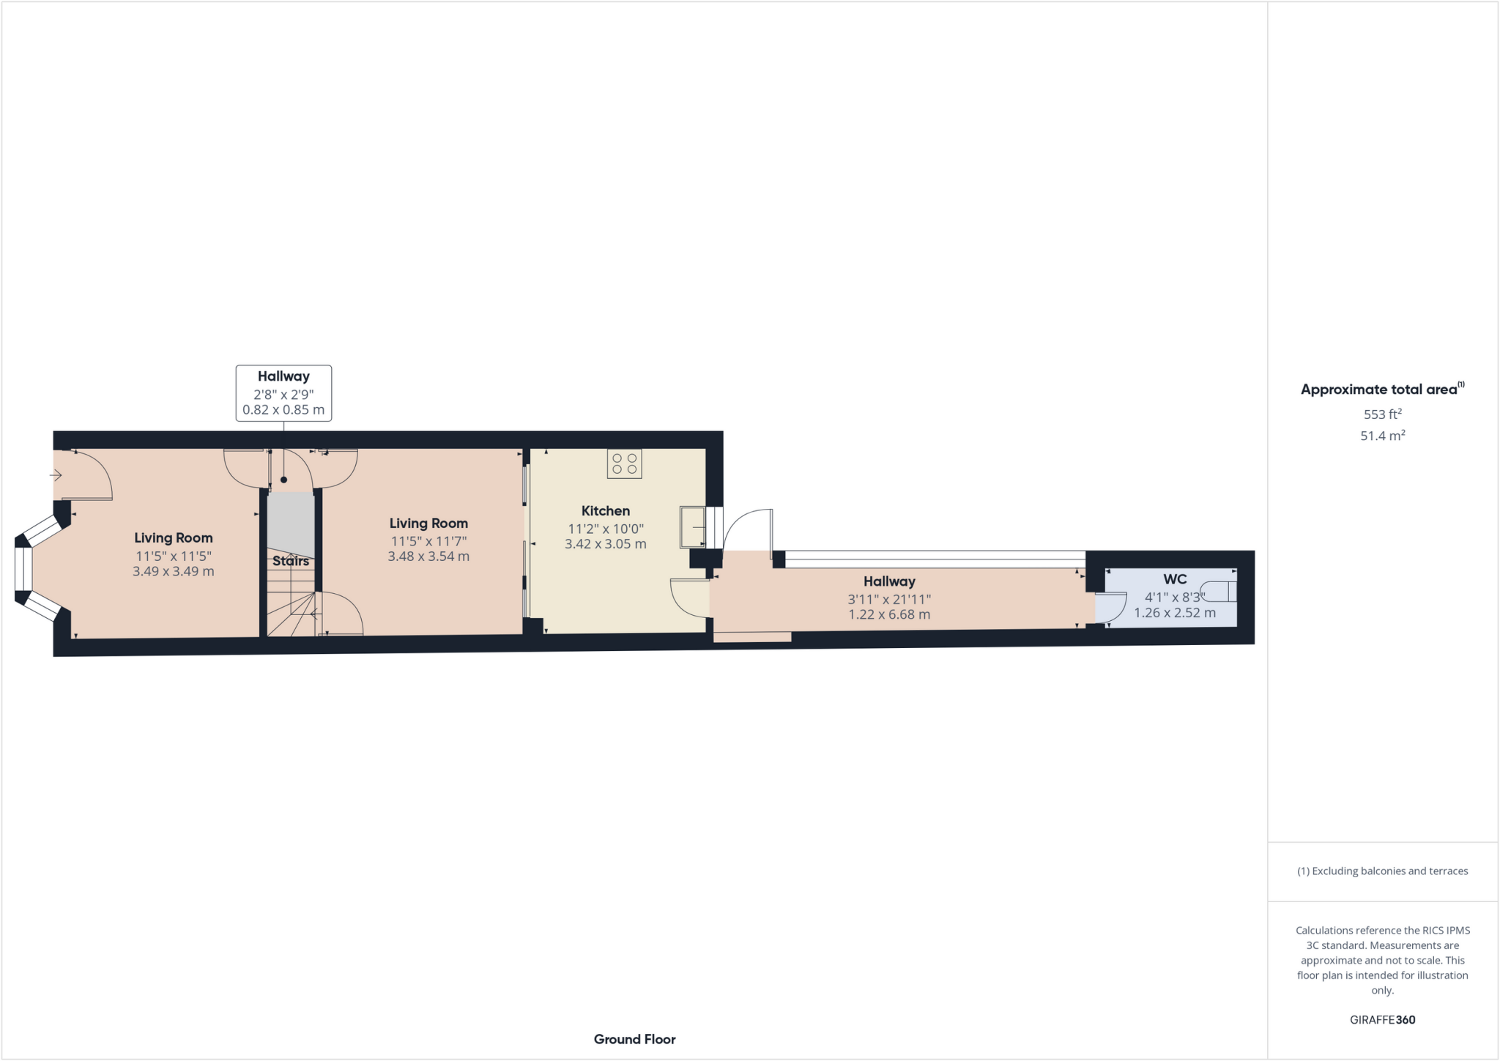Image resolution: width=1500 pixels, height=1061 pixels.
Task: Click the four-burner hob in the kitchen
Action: (x=624, y=464)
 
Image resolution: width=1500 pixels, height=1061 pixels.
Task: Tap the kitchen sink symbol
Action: (x=691, y=526)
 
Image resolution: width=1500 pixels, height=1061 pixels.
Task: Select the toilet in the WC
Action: (x=1222, y=592)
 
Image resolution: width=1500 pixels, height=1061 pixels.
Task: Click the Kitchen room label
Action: (x=605, y=511)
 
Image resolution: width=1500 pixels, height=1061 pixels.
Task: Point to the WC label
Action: (x=1175, y=579)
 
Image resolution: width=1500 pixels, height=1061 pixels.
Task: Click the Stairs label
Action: (x=291, y=561)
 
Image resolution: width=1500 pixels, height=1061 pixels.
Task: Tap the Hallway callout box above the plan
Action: (x=283, y=393)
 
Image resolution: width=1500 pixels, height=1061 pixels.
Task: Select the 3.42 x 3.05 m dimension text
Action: (x=605, y=544)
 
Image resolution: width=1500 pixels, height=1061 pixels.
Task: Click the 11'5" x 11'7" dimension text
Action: (x=428, y=541)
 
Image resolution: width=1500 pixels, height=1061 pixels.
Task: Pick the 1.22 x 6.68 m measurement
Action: (x=889, y=614)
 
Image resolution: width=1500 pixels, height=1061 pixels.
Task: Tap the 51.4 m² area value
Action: (x=1382, y=436)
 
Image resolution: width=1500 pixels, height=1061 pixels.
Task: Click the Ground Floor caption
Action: (x=634, y=1039)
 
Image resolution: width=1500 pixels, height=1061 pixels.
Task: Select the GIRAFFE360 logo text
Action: (x=1382, y=1020)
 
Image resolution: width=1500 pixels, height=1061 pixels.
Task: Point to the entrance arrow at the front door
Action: (x=56, y=475)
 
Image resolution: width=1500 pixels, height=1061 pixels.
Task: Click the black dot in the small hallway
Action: (x=283, y=480)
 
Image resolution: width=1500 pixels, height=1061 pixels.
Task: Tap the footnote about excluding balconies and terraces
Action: (x=1382, y=871)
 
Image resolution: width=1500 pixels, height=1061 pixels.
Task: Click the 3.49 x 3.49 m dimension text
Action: (x=173, y=571)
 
